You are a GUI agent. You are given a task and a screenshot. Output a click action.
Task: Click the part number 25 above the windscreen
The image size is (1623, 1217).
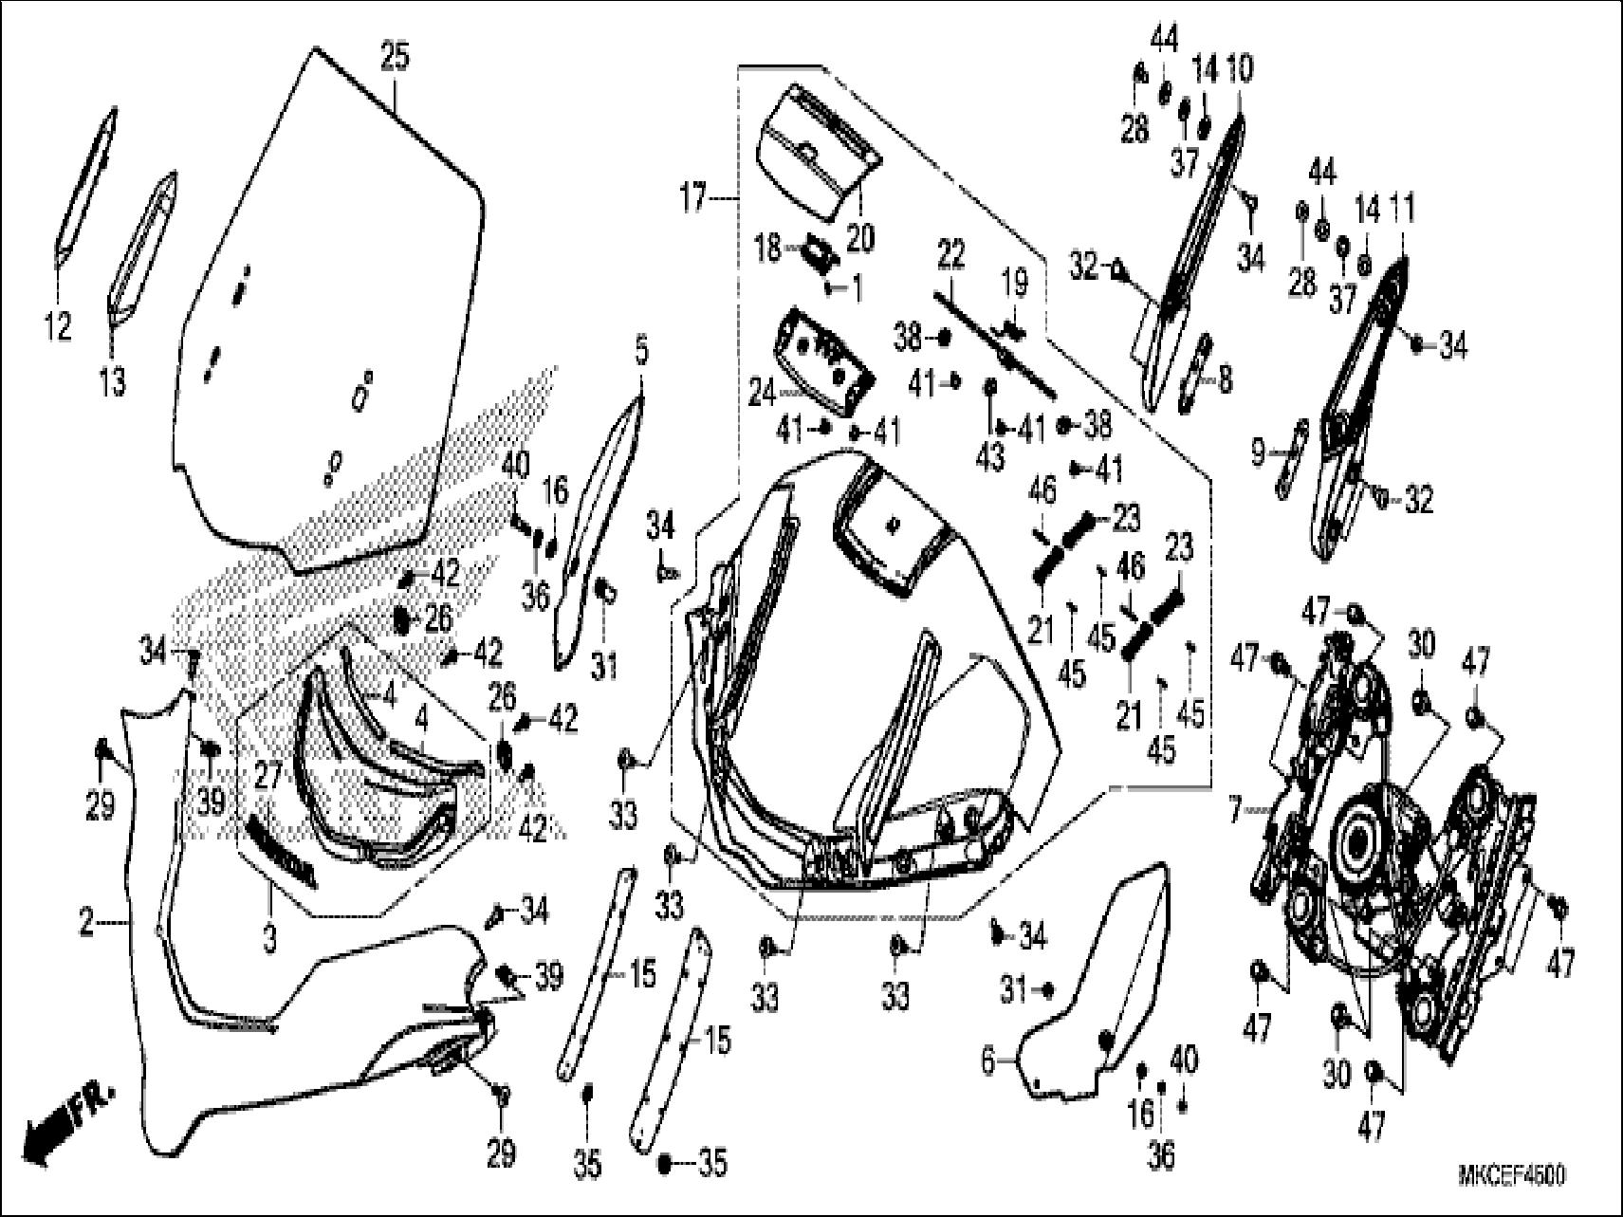pos(395,57)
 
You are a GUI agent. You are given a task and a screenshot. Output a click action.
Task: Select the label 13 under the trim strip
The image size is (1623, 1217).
pos(113,383)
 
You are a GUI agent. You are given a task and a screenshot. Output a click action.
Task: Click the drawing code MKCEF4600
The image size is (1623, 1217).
pos(1512,1176)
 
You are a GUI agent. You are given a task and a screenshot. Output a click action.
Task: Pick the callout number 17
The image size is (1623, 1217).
pos(693,201)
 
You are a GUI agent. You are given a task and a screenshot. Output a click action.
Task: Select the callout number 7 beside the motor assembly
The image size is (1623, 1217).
pos(1234,812)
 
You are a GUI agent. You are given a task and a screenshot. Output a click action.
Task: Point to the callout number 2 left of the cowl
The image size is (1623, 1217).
pos(86,922)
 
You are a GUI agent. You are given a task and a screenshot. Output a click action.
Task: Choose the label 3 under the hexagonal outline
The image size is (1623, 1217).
pos(269,940)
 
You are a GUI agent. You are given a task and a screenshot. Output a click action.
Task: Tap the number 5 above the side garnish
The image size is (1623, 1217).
pos(641,353)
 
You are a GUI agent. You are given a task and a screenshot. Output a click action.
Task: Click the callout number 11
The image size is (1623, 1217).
pos(1401,206)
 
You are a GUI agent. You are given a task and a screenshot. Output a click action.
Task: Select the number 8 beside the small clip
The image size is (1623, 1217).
pos(1225,380)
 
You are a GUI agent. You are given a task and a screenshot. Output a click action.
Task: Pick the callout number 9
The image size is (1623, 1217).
pos(1258,453)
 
